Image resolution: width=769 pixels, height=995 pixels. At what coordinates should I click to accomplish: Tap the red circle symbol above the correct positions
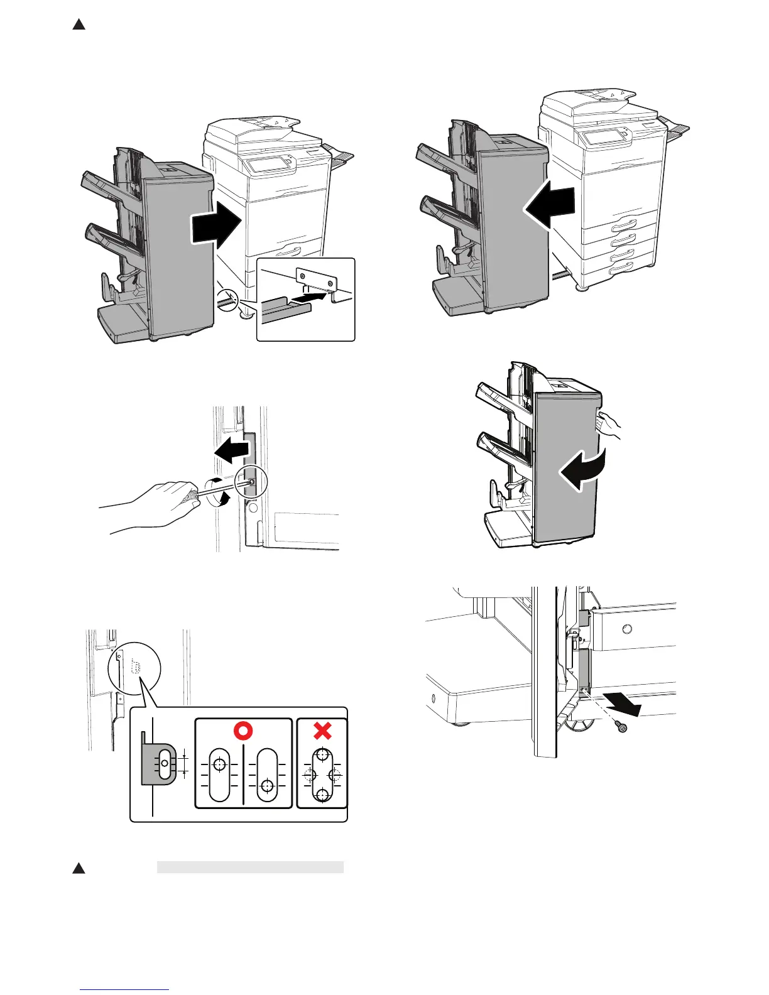click(244, 731)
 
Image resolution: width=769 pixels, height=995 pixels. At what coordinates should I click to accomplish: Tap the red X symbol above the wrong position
click(322, 731)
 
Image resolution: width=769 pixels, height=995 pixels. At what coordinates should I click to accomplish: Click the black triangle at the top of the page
click(79, 24)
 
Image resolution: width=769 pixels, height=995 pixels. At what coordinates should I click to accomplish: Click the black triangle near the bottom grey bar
click(79, 868)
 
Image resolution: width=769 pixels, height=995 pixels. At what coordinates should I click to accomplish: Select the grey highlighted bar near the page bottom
click(250, 867)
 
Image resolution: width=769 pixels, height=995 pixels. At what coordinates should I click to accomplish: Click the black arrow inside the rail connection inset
click(312, 297)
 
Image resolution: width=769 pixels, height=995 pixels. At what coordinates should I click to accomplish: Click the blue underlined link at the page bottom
click(125, 989)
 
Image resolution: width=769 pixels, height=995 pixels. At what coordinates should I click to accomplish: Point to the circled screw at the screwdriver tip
click(252, 482)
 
